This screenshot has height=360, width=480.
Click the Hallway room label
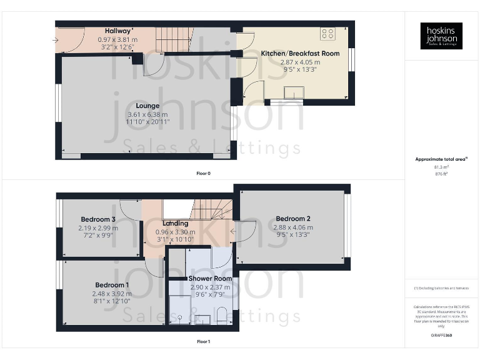(118, 31)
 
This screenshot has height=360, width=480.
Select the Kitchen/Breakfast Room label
(300, 54)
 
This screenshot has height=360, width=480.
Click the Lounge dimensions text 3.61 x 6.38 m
(147, 114)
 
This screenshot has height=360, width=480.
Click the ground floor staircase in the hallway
(171, 39)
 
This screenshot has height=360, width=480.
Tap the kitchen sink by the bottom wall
(293, 94)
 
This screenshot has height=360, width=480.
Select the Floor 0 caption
(202, 172)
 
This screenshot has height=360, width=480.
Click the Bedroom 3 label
(97, 219)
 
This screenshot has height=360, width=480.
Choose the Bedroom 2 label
(293, 219)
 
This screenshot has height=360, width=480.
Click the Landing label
(175, 223)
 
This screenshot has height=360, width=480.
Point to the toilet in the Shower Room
(223, 316)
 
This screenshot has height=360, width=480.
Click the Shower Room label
(210, 278)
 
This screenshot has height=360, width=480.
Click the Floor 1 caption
(203, 342)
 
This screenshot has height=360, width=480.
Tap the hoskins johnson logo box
(441, 36)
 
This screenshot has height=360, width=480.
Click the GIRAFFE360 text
(441, 336)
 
